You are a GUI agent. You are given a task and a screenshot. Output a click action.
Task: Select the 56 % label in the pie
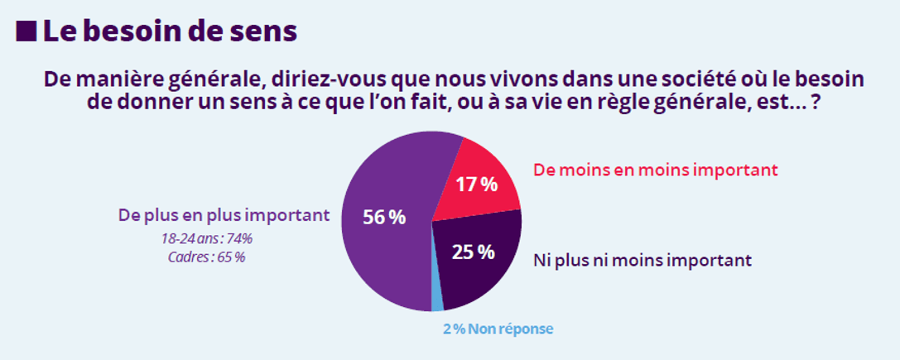[384, 218]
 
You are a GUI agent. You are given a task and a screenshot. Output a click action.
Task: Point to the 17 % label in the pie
[477, 185]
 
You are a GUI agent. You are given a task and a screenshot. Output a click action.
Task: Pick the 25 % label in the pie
[473, 251]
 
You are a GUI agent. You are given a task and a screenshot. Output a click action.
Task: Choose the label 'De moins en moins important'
[656, 170]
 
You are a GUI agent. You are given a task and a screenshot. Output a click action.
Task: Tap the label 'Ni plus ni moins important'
[641, 260]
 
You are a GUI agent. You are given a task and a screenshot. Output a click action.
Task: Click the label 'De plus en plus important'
[224, 215]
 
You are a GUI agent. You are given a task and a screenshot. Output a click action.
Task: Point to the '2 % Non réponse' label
[497, 329]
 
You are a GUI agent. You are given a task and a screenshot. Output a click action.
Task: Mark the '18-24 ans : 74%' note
[207, 239]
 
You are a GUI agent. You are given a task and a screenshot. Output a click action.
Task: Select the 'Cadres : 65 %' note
[206, 257]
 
